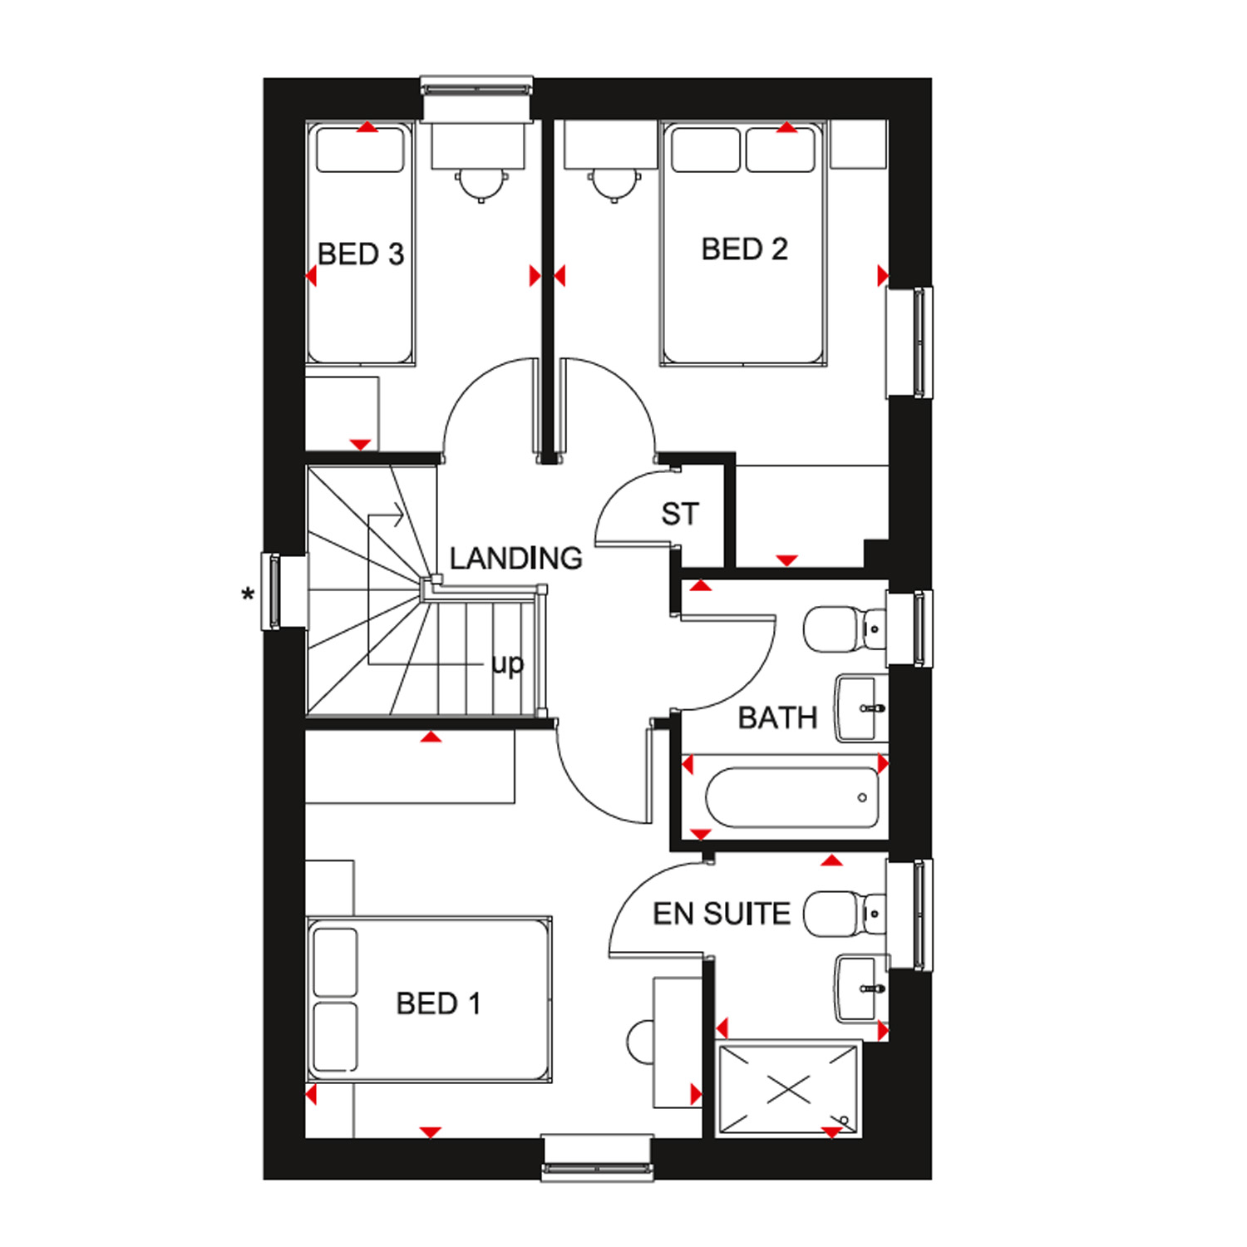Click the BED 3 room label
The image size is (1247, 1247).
pyautogui.click(x=361, y=254)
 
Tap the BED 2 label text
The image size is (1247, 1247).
pyautogui.click(x=744, y=249)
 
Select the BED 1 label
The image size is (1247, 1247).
pyautogui.click(x=439, y=1003)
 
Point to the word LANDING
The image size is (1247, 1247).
pyautogui.click(x=515, y=558)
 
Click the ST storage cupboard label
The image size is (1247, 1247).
pyautogui.click(x=680, y=515)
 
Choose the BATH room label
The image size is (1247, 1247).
pyautogui.click(x=778, y=717)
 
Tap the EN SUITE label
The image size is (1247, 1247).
pyautogui.click(x=722, y=914)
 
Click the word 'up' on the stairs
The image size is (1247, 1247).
pyautogui.click(x=507, y=665)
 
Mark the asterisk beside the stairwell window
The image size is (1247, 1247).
pyautogui.click(x=247, y=595)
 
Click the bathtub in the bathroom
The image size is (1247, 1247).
pyautogui.click(x=791, y=797)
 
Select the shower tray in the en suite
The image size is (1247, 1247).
pyautogui.click(x=788, y=1089)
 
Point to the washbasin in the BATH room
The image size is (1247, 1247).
pyautogui.click(x=861, y=707)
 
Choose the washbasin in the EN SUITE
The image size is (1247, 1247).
pyautogui.click(x=861, y=988)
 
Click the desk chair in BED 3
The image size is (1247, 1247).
pyautogui.click(x=480, y=184)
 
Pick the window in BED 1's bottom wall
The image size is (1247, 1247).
pyautogui.click(x=596, y=1158)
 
